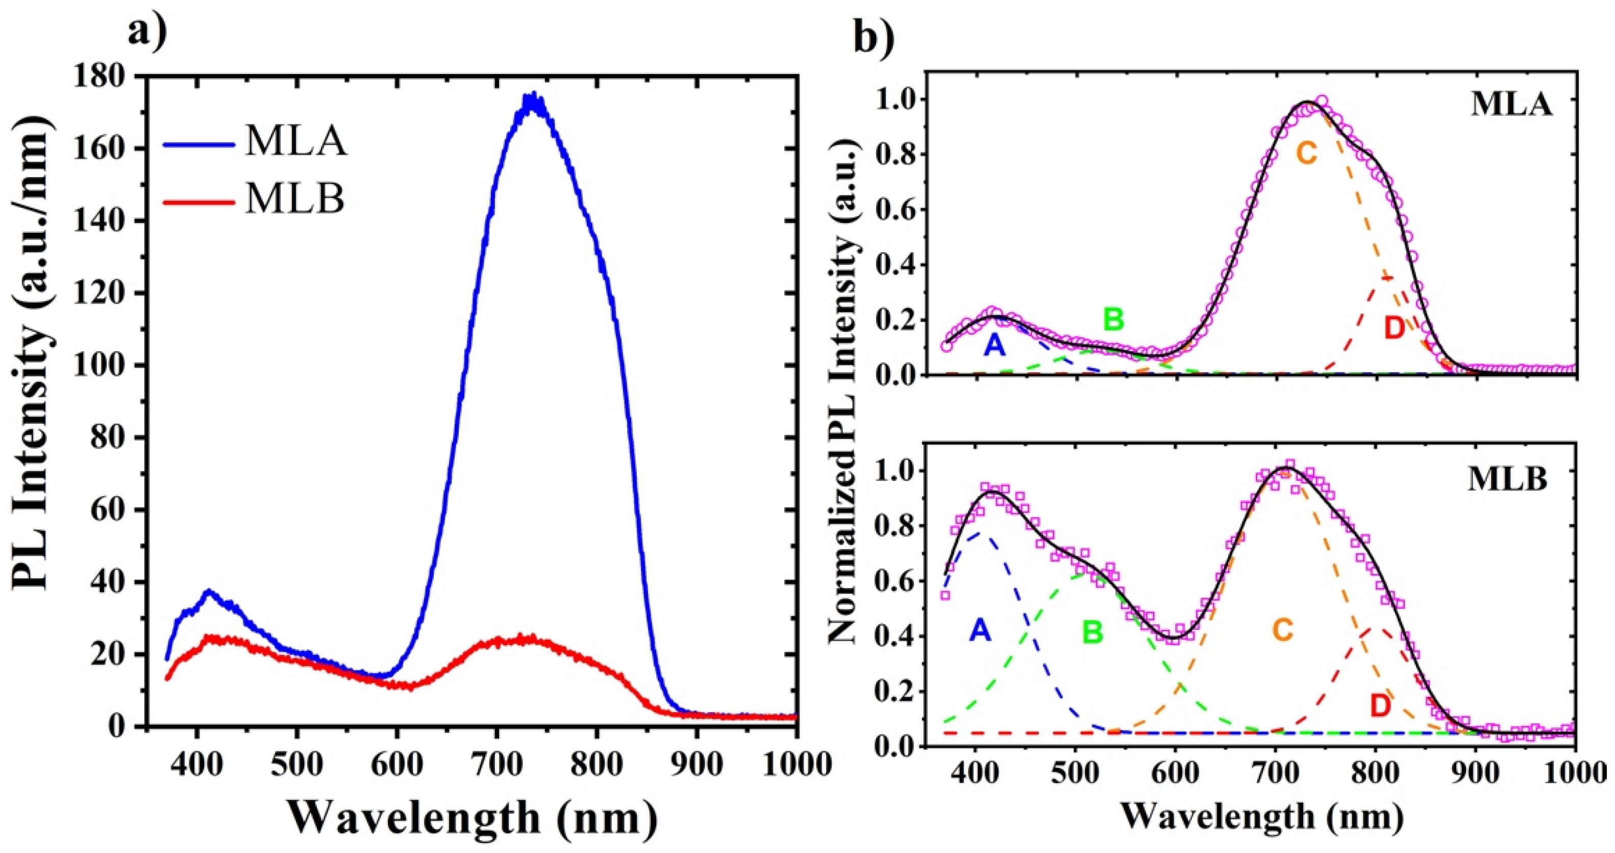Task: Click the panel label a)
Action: pyautogui.click(x=147, y=31)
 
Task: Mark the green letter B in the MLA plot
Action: pyautogui.click(x=1113, y=320)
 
